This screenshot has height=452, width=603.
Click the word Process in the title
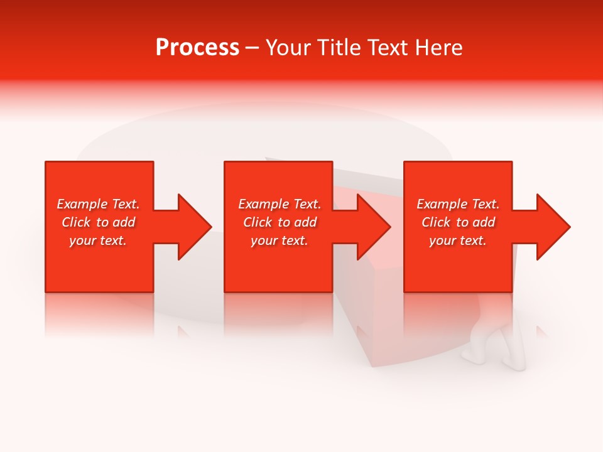pos(197,48)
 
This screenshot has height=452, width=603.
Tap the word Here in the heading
pos(438,48)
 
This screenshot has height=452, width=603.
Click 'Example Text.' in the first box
pos(98,204)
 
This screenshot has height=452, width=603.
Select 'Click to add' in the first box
pos(98,222)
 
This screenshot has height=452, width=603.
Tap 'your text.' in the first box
pos(98,240)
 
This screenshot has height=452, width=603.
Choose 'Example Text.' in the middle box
pos(280,204)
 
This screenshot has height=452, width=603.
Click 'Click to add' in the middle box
pos(280,222)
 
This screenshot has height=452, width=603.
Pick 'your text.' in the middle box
pos(280,240)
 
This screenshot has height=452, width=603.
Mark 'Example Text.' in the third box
pos(458,204)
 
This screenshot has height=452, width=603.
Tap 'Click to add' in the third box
pos(458,222)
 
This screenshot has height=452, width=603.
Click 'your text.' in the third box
pos(458,240)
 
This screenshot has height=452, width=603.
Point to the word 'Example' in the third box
pos(442,204)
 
